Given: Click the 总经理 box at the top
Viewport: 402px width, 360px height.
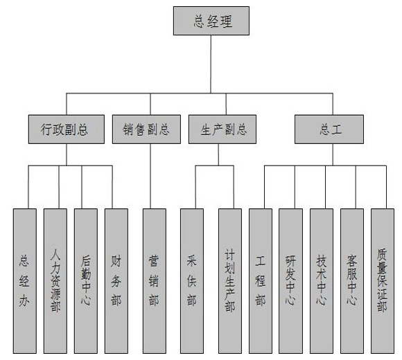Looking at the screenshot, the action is (x=211, y=21).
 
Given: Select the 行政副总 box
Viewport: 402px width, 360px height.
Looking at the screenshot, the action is (x=67, y=129).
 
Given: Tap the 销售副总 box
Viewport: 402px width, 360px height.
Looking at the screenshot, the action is (x=146, y=129).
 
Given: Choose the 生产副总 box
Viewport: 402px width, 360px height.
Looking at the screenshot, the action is (x=222, y=129).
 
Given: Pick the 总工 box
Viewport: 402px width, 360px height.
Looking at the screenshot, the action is (x=329, y=129).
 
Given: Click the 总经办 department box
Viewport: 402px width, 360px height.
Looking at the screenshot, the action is (x=25, y=281).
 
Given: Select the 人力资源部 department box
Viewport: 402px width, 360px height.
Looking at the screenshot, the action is (x=55, y=281).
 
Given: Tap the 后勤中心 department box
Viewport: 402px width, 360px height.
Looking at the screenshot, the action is (x=86, y=281).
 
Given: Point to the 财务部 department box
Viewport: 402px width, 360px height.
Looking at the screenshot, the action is (x=116, y=281).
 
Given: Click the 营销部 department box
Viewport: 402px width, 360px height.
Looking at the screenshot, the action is (x=155, y=281).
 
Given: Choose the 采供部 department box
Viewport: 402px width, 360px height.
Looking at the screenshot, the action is (x=192, y=281).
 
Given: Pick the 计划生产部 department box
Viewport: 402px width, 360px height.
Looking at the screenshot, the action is (x=230, y=281).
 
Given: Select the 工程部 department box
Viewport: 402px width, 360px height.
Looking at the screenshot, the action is (x=261, y=281).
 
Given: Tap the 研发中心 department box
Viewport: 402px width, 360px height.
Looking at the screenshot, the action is (x=290, y=281).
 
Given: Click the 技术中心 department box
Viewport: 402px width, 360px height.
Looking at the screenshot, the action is (x=322, y=281).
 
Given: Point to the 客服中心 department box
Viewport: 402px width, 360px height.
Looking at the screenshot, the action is (x=352, y=281).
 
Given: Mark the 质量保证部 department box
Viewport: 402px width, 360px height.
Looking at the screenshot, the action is (x=383, y=281).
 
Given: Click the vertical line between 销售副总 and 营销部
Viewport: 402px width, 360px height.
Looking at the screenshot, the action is (x=150, y=176).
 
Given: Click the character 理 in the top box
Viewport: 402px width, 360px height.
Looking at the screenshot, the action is (x=227, y=21).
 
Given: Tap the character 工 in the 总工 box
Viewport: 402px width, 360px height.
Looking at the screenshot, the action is (x=336, y=129).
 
